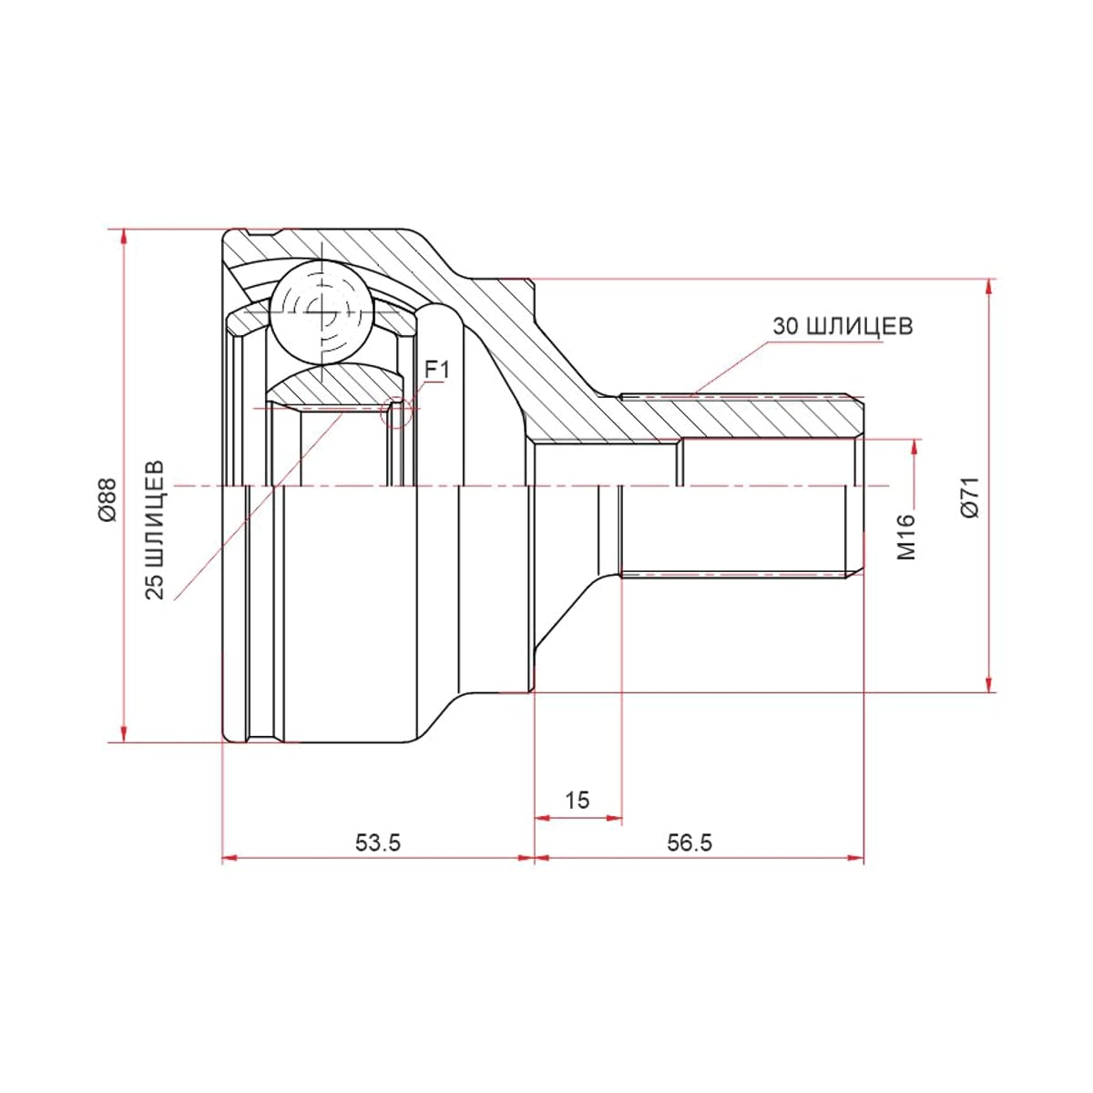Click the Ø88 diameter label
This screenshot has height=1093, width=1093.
[107, 499]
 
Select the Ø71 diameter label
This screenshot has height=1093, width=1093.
[970, 497]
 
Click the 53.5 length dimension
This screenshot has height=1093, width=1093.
[378, 843]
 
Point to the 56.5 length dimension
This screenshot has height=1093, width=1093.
[690, 843]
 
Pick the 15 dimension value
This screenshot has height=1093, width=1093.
[577, 800]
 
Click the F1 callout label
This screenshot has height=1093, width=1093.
[437, 371]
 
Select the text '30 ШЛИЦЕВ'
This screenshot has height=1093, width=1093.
[843, 326]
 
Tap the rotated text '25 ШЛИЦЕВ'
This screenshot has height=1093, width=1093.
[154, 530]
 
